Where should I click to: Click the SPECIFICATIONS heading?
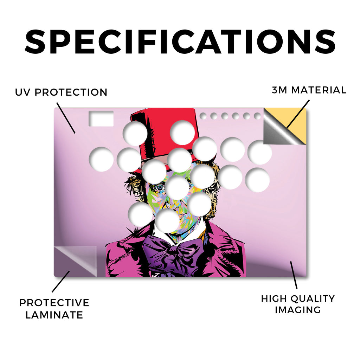pos(180,42)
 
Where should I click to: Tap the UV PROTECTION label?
pos(61,92)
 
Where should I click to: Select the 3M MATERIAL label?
pos(309,90)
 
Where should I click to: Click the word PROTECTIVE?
pos(54,303)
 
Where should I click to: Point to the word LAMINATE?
pos(54,315)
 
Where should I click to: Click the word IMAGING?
pos(298,310)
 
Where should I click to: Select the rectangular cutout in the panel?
pos(101,118)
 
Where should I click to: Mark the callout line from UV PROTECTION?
pos(66,118)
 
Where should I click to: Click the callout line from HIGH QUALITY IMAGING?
pos(294,275)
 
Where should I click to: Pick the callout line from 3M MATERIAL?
pos(298,114)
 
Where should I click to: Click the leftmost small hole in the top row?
pos(203,116)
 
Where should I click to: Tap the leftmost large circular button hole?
pos(101,159)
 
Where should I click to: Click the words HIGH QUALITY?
pos(298,299)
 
